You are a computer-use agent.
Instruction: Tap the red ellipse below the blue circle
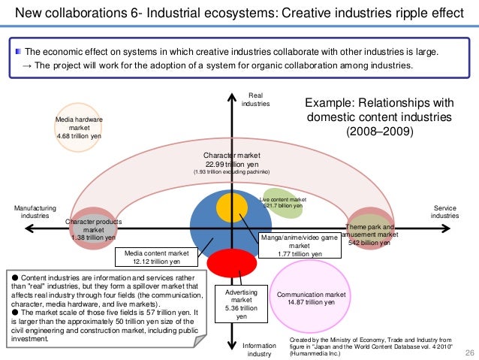[228, 264]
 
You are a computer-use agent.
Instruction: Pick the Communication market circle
[311, 298]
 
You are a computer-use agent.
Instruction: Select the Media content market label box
[156, 257]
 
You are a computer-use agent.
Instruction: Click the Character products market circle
[92, 228]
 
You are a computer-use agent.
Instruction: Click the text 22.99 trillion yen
[233, 164]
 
